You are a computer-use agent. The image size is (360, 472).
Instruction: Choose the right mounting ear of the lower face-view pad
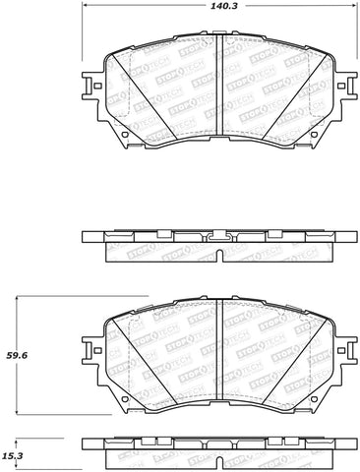(x=346, y=350)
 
